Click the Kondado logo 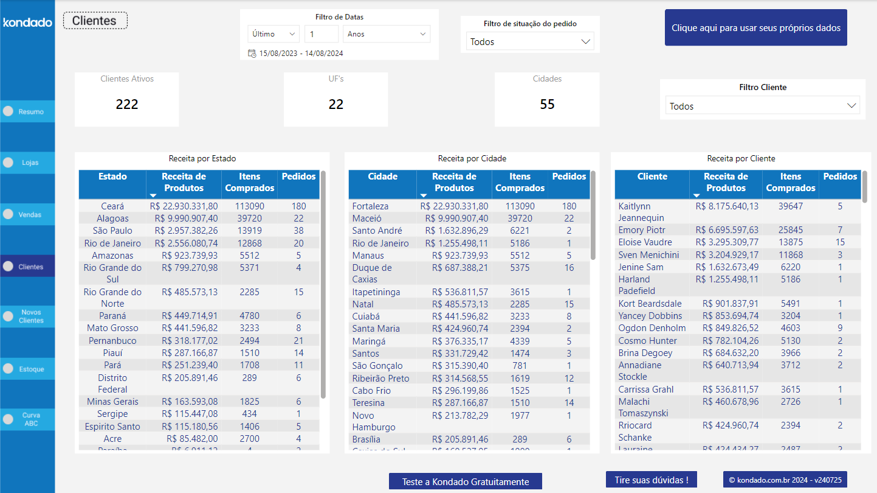point(27,23)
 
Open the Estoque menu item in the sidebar point(27,369)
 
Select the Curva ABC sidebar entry point(27,419)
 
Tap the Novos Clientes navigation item point(27,316)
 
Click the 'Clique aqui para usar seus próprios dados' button point(755,28)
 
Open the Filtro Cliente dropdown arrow point(851,106)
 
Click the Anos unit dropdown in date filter point(386,34)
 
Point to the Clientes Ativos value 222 point(127,105)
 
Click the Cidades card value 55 point(547,105)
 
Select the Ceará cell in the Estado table point(112,206)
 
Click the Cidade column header point(382,177)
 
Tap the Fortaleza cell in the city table point(370,206)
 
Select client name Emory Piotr point(641,230)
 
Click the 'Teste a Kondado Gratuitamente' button point(465,481)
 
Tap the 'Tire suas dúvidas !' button point(651,480)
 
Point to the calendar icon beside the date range point(252,54)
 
